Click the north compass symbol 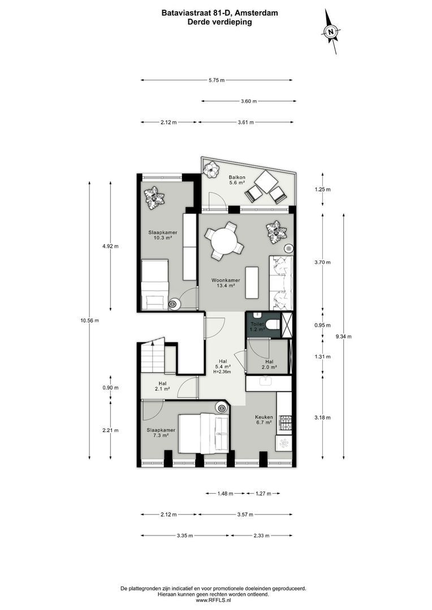pyautogui.click(x=331, y=32)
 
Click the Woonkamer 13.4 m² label pyautogui.click(x=226, y=283)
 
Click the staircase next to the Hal pyautogui.click(x=152, y=356)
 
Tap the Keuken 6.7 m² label pyautogui.click(x=263, y=419)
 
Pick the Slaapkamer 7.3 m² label pyautogui.click(x=160, y=433)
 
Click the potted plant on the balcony pyautogui.click(x=212, y=169)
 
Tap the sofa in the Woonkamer pyautogui.click(x=280, y=283)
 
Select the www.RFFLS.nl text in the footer pyautogui.click(x=215, y=600)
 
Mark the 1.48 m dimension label pyautogui.click(x=225, y=494)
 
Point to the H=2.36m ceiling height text pyautogui.click(x=222, y=371)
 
